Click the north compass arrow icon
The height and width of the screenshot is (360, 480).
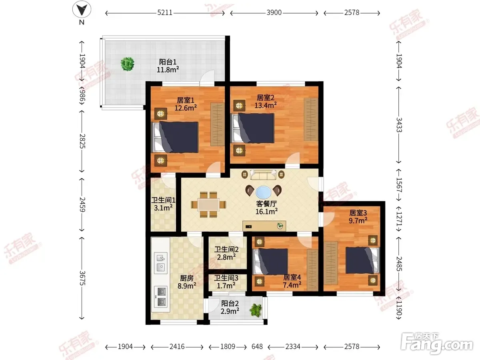click(x=82, y=9)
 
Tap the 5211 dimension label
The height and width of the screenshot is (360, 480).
click(x=165, y=13)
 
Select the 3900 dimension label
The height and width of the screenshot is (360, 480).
click(x=274, y=13)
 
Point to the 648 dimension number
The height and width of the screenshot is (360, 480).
click(x=257, y=346)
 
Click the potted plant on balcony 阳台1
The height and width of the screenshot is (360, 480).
click(x=128, y=64)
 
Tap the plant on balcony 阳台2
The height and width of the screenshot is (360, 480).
click(x=256, y=310)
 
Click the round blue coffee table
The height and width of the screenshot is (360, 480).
click(x=264, y=192)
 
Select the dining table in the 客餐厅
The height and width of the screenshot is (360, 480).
click(x=208, y=204)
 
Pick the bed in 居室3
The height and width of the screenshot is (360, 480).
click(x=362, y=260)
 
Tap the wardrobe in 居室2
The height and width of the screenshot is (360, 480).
click(x=311, y=119)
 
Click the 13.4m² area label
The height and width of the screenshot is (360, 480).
click(x=266, y=105)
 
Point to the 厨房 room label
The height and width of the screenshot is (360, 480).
click(x=187, y=278)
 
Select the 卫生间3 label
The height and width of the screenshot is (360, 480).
click(x=226, y=278)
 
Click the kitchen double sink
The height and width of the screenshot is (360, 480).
click(x=161, y=263)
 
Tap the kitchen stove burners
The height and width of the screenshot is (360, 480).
click(x=161, y=297)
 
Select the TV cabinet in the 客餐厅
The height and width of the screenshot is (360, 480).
click(x=264, y=226)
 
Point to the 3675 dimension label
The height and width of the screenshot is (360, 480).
click(x=82, y=278)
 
